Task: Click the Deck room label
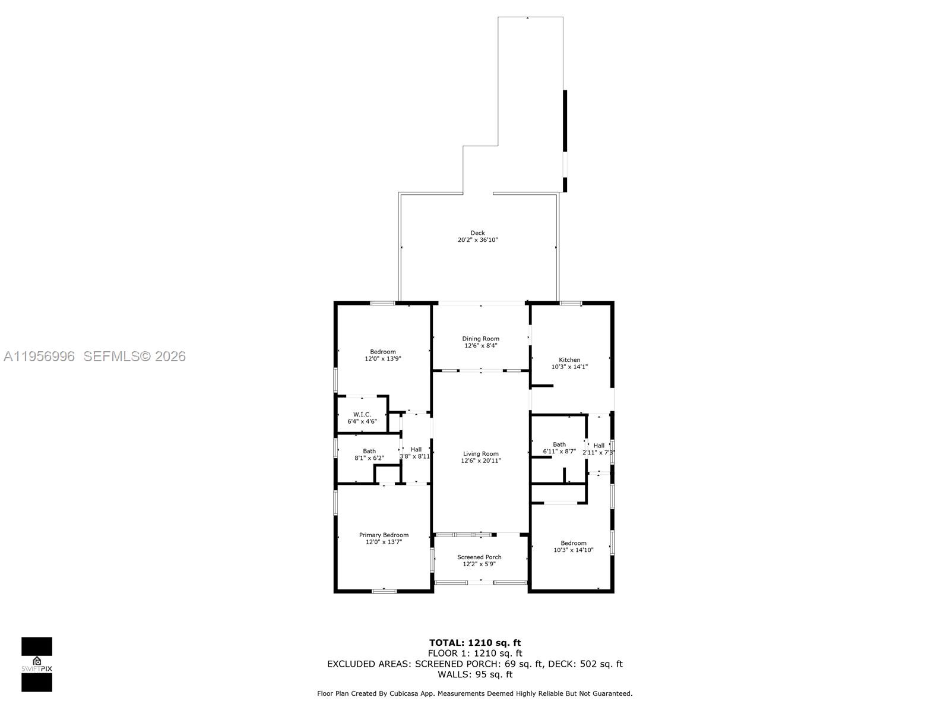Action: (477, 233)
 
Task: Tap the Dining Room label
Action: (480, 339)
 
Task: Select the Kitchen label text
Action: (569, 359)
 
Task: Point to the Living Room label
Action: (481, 453)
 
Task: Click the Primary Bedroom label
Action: (384, 535)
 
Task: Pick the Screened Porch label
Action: (479, 557)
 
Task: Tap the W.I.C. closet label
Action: (362, 414)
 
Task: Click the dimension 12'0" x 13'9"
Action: (383, 359)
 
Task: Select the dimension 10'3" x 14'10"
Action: (574, 550)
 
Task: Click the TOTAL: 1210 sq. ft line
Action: (475, 642)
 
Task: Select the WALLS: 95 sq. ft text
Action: (475, 674)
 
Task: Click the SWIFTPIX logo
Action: (37, 664)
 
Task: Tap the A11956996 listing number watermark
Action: (39, 356)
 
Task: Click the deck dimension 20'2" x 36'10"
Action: (477, 240)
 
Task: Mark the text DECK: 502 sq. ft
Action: (585, 664)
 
